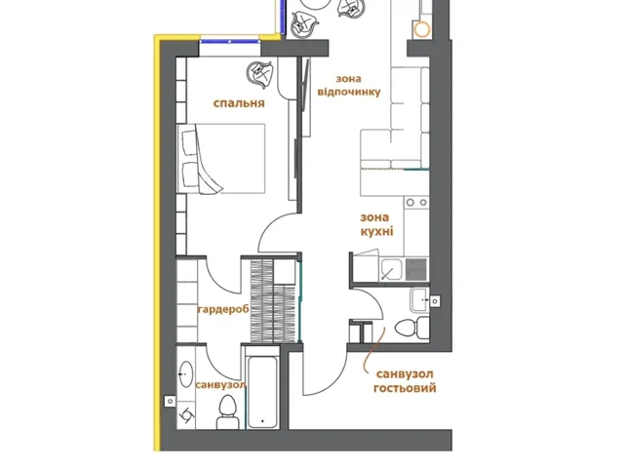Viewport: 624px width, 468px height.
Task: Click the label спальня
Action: [239, 103]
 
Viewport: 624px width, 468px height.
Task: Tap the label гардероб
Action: [223, 309]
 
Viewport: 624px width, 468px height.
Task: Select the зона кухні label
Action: [376, 224]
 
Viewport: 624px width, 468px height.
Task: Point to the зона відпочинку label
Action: [349, 86]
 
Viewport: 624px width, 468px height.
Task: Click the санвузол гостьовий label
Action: [405, 381]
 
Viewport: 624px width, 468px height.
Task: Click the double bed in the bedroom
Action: [221, 159]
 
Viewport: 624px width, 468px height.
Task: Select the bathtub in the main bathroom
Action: [261, 392]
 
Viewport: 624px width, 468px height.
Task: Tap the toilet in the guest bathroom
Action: [412, 328]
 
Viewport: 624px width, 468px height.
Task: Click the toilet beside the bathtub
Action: [227, 411]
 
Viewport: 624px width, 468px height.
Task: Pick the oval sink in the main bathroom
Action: [186, 374]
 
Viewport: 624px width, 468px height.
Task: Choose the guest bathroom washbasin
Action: [419, 299]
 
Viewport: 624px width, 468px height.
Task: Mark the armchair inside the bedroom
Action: [260, 74]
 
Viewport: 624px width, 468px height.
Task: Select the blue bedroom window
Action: [230, 41]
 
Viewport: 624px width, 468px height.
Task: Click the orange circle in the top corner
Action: [421, 29]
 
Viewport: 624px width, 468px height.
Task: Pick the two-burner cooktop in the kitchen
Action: [416, 203]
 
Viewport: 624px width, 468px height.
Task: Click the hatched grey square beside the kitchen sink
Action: [416, 269]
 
